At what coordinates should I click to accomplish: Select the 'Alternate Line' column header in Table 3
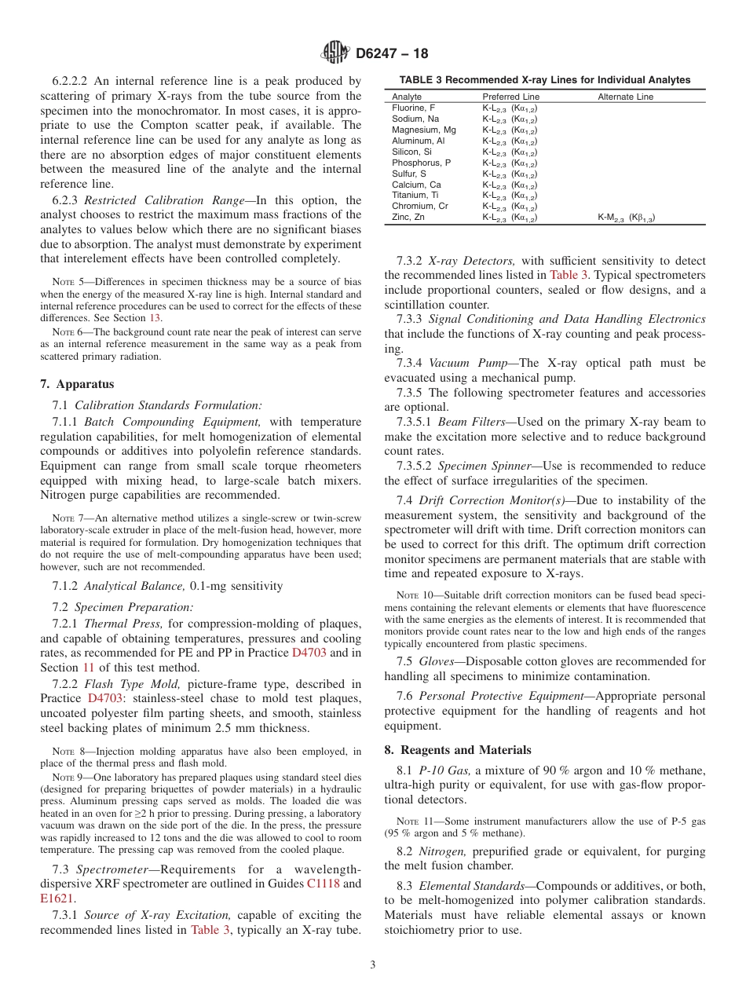point(625,97)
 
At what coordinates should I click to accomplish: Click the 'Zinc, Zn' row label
point(408,218)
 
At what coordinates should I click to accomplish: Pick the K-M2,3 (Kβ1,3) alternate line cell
point(626,218)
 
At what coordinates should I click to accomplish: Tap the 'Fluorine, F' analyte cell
point(413,108)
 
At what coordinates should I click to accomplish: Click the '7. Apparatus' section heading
point(77,384)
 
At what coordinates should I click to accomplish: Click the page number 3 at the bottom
point(373,965)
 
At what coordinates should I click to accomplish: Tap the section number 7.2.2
point(65,684)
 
